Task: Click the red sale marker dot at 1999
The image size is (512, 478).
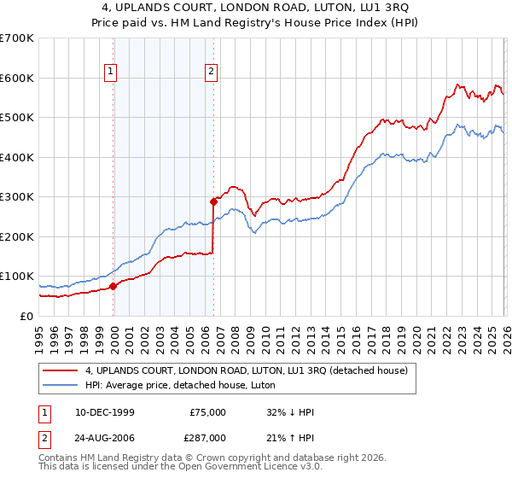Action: (x=113, y=286)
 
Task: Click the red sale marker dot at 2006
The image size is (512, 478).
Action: (x=213, y=202)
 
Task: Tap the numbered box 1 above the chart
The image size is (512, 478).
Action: (x=111, y=72)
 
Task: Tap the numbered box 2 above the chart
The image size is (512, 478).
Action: (x=210, y=72)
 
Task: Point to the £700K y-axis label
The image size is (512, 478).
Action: (x=17, y=38)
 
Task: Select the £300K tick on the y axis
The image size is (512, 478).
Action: (x=17, y=197)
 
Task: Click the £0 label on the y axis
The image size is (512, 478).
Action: (x=26, y=316)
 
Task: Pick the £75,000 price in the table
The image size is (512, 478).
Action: (x=208, y=412)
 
